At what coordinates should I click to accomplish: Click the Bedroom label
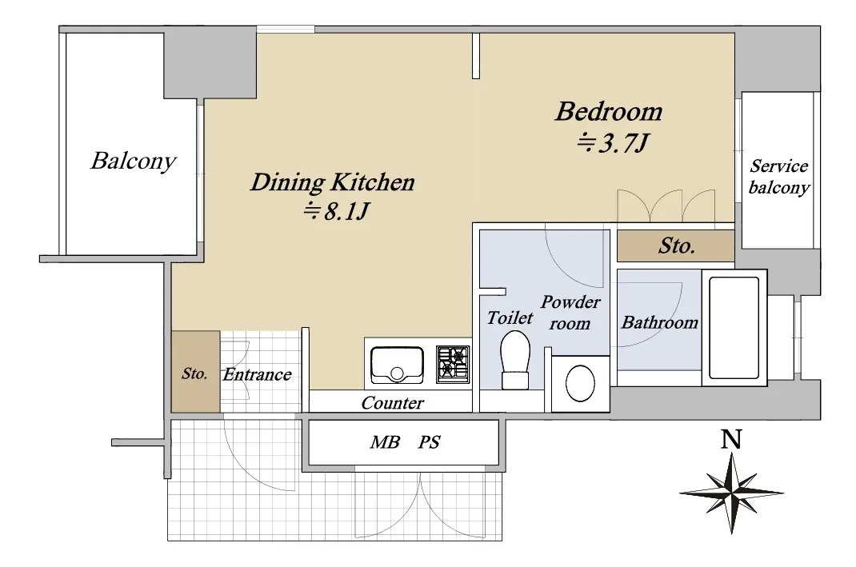click(610, 111)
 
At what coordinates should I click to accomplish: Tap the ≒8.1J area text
click(337, 210)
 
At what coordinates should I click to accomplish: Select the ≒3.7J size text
click(613, 143)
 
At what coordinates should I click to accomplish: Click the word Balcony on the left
click(134, 161)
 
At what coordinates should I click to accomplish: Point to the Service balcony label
click(778, 176)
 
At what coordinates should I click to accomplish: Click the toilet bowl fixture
click(515, 360)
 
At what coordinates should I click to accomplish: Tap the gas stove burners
click(453, 364)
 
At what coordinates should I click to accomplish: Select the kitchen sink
click(397, 365)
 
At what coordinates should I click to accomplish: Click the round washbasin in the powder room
click(580, 383)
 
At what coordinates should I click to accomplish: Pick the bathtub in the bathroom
click(734, 328)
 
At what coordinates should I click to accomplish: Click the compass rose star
click(731, 493)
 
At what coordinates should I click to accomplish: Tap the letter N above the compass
click(731, 439)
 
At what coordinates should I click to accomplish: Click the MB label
click(385, 442)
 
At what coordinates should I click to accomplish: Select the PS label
click(429, 442)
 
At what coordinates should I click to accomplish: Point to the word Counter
click(392, 403)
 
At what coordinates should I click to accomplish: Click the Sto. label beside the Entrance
click(194, 373)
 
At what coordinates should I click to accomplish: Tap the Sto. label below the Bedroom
click(676, 246)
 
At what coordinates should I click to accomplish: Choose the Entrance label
click(257, 374)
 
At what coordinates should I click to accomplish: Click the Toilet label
click(510, 317)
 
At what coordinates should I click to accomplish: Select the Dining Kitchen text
click(333, 182)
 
